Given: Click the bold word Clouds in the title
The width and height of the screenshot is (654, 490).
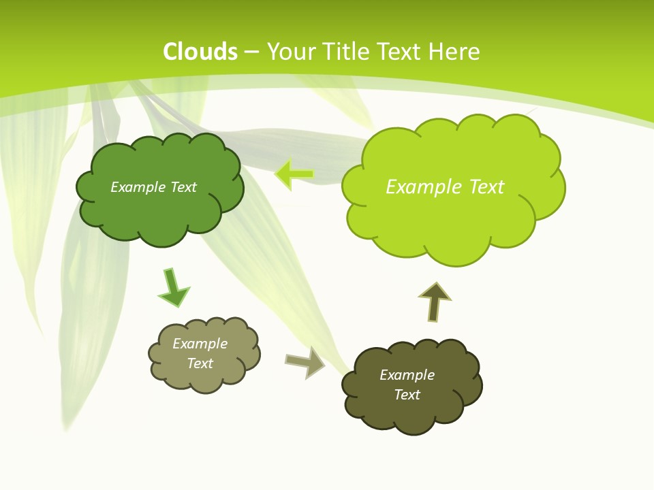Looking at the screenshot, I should click(x=200, y=52).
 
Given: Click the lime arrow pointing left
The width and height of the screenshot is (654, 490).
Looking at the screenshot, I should click(x=294, y=175).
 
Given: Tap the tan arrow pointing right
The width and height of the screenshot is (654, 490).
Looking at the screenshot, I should click(x=305, y=361).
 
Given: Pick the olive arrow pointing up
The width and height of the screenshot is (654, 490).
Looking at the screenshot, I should click(x=434, y=301).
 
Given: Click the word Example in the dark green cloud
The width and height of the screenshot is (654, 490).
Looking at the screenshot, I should click(x=138, y=187).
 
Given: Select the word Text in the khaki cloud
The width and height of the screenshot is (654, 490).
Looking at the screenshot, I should click(x=200, y=363).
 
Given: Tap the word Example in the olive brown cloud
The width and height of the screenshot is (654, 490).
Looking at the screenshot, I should click(x=407, y=375).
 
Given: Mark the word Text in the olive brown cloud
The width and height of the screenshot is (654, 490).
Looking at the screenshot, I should click(x=407, y=395).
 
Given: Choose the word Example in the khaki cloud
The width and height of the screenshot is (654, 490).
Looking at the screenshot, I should click(x=200, y=344).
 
